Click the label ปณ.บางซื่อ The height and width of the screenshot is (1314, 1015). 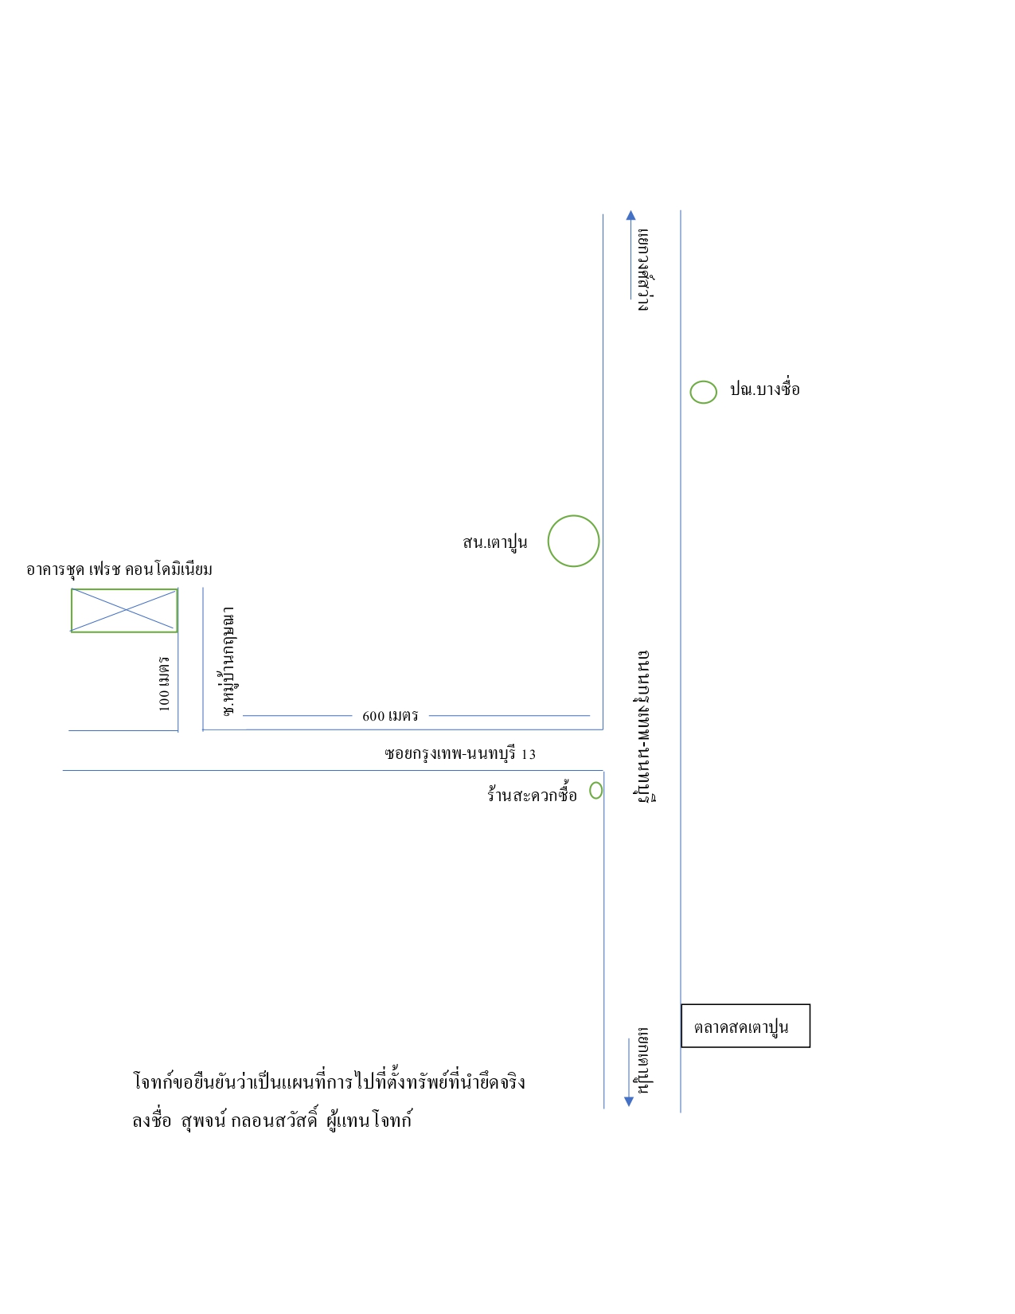pos(765,388)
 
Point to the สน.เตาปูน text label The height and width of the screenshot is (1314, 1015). pos(494,542)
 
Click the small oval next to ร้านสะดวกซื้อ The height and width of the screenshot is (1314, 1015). pos(590,790)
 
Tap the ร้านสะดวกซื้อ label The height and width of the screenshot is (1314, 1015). pos(532,794)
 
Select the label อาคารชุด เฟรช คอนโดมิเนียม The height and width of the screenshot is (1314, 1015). pos(119,569)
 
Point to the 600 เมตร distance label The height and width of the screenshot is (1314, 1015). pos(390,716)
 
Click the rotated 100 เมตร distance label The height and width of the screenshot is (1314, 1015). pos(164,684)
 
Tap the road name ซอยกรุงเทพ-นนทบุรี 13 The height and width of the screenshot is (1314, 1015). pos(460,754)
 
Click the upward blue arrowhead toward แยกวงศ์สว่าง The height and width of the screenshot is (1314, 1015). pos(630,215)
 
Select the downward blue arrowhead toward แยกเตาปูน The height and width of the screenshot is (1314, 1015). pos(629,1101)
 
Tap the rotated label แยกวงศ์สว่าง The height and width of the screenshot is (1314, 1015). pos(644,270)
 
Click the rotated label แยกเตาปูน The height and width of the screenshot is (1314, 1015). pos(643,1060)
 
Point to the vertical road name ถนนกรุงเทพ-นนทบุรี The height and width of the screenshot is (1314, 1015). pos(646,727)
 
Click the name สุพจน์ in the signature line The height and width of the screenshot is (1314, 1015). pos(203,1120)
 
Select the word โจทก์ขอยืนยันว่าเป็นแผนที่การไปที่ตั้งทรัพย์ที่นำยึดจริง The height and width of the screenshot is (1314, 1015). pos(329,1081)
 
